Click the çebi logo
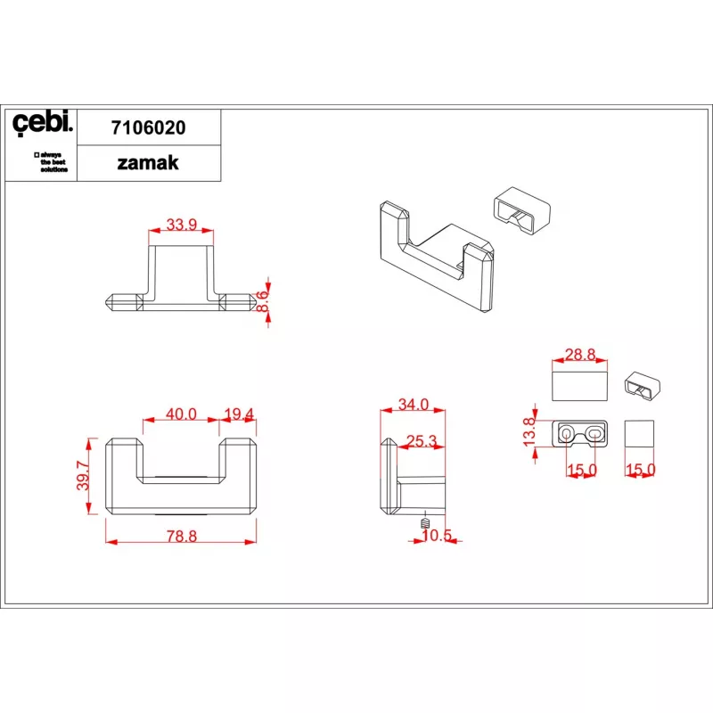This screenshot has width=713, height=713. coord(42,123)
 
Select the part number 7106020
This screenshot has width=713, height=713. coord(149,127)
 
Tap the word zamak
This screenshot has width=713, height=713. coord(148,163)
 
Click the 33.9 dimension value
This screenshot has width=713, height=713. coord(182,225)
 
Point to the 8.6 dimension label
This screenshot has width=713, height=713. coord(263,301)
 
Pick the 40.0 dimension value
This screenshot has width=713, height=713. coord(181,414)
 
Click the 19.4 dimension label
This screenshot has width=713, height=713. coord(239,414)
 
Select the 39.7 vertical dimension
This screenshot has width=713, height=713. coord(83,476)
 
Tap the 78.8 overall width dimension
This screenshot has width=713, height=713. coord(182,537)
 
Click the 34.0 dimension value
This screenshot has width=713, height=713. coord(414,404)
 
